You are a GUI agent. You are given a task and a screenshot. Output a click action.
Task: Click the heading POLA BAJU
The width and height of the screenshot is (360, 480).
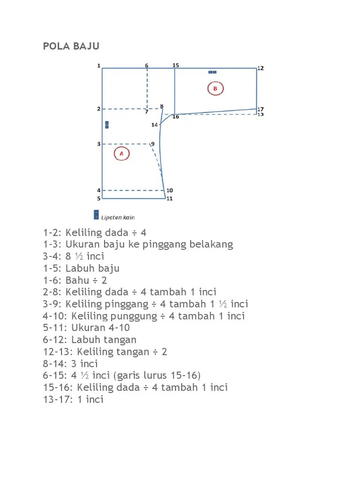click(x=71, y=46)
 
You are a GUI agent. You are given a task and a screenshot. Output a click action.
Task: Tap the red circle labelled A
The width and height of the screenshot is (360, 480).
click(x=121, y=153)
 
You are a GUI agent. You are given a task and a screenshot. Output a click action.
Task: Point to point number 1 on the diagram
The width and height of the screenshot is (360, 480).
click(x=99, y=66)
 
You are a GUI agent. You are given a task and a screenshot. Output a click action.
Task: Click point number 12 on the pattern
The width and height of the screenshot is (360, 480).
click(x=261, y=68)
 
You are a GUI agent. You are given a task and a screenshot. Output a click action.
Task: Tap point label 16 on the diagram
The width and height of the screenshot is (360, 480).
click(x=176, y=117)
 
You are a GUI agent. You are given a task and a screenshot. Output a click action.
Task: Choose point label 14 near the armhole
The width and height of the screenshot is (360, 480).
click(x=154, y=125)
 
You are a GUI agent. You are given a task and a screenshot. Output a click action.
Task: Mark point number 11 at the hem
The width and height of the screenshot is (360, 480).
click(x=169, y=198)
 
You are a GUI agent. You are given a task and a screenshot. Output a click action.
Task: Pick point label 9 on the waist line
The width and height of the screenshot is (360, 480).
click(x=153, y=143)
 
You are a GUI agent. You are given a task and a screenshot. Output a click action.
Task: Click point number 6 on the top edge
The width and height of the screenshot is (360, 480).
click(x=146, y=66)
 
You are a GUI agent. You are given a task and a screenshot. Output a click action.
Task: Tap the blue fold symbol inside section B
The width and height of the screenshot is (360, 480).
click(x=212, y=72)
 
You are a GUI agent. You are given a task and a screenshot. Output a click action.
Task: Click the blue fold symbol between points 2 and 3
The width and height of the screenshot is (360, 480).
click(x=107, y=125)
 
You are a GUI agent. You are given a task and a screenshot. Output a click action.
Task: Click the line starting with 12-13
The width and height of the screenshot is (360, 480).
click(x=105, y=352)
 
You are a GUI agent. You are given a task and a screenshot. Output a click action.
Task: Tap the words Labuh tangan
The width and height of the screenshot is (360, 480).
click(x=104, y=340)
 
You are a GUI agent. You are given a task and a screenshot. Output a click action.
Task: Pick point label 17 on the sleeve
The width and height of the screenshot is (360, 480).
click(x=261, y=109)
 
